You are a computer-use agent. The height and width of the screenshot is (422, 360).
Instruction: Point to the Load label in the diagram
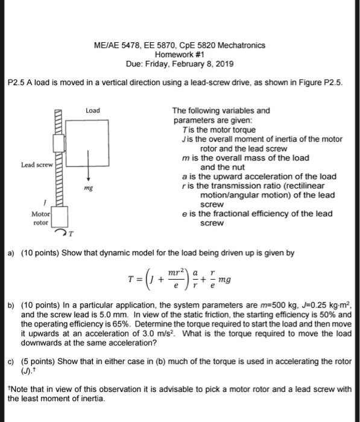click(x=93, y=111)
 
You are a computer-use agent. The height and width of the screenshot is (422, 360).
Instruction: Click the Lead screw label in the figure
click(x=36, y=164)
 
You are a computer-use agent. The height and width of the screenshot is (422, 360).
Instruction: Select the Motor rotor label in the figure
click(x=41, y=218)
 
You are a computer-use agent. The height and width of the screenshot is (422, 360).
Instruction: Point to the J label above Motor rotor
click(x=45, y=203)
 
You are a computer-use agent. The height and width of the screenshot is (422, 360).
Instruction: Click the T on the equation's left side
click(x=139, y=279)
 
